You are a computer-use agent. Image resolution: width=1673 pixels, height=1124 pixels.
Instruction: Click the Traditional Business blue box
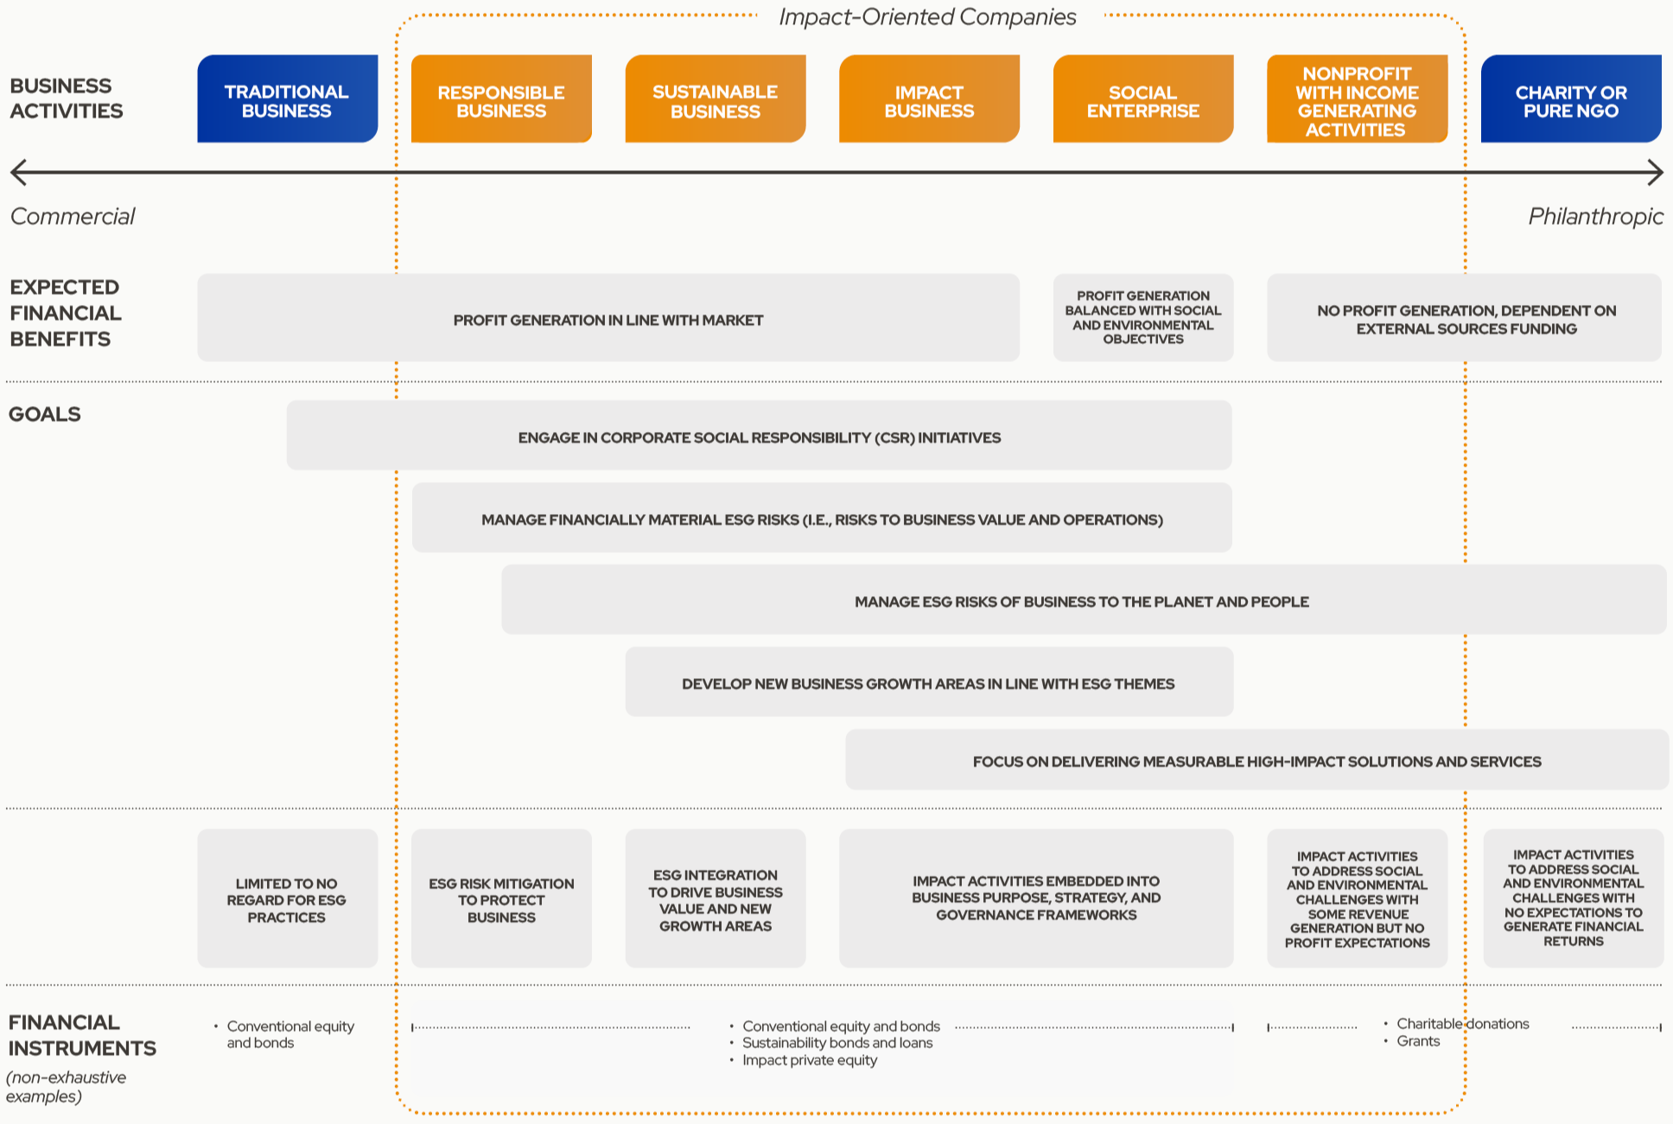coord(287,98)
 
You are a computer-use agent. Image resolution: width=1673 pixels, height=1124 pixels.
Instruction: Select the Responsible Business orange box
coord(501,98)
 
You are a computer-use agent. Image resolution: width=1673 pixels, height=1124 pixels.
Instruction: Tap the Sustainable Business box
coord(716,98)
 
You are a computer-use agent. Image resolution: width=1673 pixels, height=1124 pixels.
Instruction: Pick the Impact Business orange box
coord(929,98)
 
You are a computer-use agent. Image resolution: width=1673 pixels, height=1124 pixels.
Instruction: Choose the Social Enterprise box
coord(1143,98)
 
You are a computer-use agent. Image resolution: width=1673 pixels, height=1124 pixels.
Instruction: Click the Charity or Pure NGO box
coord(1571,98)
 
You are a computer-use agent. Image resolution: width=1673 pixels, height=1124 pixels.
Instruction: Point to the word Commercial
coord(73,216)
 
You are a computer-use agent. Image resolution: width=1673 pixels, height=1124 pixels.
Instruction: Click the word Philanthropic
coord(1595,216)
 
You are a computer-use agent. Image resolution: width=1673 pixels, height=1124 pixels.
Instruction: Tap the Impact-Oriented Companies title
coord(927,17)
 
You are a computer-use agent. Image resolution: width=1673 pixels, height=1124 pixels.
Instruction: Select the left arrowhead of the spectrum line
coord(17,172)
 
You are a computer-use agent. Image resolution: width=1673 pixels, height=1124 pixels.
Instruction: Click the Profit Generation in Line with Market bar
coord(608,318)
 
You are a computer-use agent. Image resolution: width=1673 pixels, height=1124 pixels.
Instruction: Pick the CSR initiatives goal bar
coord(759,435)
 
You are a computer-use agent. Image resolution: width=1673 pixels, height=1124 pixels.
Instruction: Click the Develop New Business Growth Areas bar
coord(929,682)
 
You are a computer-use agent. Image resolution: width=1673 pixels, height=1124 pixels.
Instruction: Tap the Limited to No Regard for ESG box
coord(287,899)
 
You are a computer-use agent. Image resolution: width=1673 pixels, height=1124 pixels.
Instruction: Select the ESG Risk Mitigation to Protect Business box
coord(501,899)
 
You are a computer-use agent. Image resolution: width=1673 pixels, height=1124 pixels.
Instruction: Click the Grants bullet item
coord(1418,1041)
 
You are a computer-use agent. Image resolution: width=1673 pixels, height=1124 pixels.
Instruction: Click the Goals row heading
coord(45,414)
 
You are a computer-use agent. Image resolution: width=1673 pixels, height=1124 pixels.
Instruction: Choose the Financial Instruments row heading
coord(82,1035)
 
